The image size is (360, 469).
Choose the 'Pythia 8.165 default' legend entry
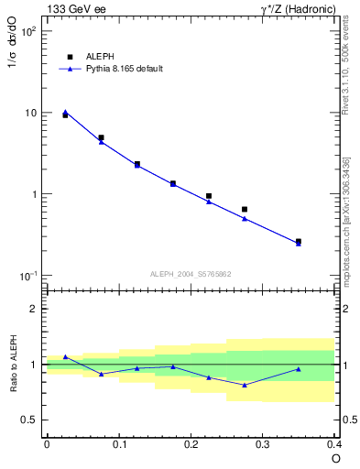click(110, 69)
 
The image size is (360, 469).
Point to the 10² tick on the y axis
click(28, 31)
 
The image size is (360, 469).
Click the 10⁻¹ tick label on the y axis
click(28, 277)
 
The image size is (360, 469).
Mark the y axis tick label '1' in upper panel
click(34, 195)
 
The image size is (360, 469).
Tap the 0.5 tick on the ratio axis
click(30, 420)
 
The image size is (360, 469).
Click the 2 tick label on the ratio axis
click(34, 309)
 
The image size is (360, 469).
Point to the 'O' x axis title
click(335, 461)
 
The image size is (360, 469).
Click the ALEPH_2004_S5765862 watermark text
click(190, 274)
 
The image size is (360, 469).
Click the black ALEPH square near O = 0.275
click(245, 210)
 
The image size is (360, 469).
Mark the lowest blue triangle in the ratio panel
click(245, 385)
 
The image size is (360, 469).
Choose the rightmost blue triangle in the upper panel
click(299, 244)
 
